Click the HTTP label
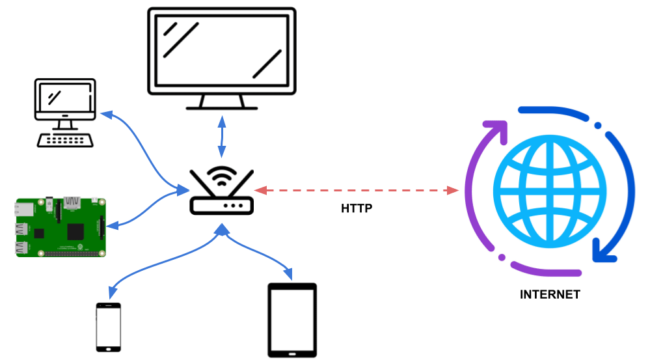tap(357, 209)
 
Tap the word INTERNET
tap(550, 294)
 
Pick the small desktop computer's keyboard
tap(64, 139)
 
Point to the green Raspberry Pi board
tap(59, 227)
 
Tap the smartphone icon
tap(109, 327)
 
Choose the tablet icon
tap(292, 319)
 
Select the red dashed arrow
tap(356, 190)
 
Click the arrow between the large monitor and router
tap(222, 137)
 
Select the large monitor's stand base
tap(221, 106)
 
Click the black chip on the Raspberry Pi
tap(77, 230)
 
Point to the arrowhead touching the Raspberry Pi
tap(111, 226)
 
